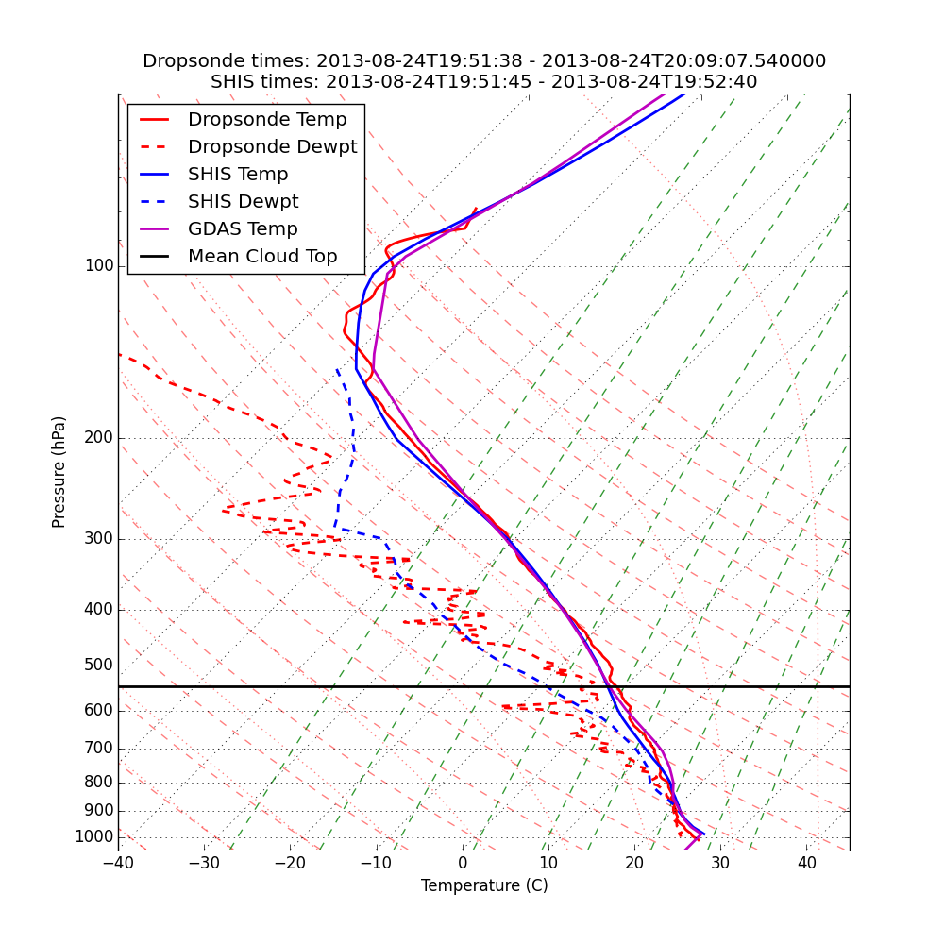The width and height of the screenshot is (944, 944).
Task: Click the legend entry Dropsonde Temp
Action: (x=267, y=120)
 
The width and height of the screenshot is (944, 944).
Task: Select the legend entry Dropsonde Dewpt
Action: (x=272, y=147)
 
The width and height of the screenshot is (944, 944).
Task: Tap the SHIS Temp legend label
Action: (x=238, y=175)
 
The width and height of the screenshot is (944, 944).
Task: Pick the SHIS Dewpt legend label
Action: (x=243, y=202)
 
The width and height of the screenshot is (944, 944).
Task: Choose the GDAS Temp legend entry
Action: (x=243, y=229)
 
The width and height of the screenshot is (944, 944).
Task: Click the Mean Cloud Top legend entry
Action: (x=262, y=257)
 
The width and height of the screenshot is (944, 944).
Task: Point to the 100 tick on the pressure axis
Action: (x=99, y=266)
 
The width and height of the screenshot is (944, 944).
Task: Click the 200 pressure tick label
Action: (x=99, y=438)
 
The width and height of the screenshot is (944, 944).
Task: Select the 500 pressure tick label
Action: (x=99, y=666)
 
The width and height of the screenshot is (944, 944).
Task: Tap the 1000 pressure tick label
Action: (x=94, y=837)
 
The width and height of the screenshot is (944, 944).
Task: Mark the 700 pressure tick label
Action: (x=99, y=749)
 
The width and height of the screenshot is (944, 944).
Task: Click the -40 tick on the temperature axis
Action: (x=118, y=863)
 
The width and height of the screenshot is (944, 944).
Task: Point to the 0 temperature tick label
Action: (x=463, y=863)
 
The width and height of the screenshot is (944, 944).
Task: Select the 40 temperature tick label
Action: (x=806, y=863)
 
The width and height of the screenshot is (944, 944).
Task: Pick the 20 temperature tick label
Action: (x=634, y=863)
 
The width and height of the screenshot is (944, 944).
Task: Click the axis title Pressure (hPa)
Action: (x=59, y=472)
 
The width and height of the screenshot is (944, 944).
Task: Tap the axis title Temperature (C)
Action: (x=484, y=885)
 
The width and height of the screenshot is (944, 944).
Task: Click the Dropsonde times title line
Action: (x=484, y=61)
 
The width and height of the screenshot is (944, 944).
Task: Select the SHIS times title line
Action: (x=484, y=82)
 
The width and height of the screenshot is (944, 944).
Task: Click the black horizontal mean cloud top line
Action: (x=283, y=686)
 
